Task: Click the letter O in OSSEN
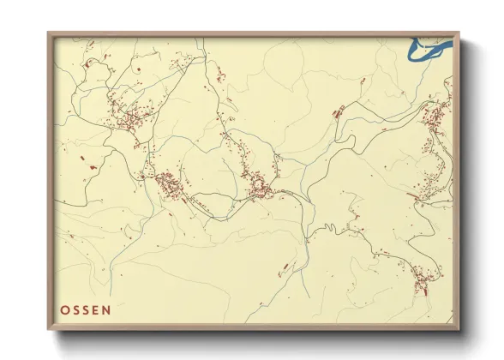(64, 310)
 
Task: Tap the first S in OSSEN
(75, 310)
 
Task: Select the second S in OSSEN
(86, 310)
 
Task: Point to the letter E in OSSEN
(96, 310)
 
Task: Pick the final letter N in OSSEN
(106, 310)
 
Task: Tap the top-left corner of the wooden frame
(49, 34)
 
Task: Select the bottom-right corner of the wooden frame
(459, 329)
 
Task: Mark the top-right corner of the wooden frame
(459, 34)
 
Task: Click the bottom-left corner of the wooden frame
(49, 329)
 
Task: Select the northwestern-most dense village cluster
(127, 116)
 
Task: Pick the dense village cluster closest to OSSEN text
(167, 183)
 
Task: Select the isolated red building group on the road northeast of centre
(339, 111)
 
